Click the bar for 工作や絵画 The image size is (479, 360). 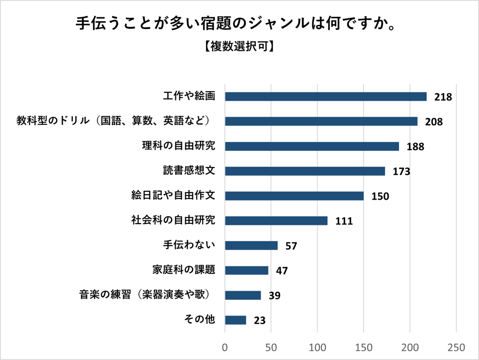[326, 97]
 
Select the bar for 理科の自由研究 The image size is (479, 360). [312, 146]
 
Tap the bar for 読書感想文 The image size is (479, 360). [305, 171]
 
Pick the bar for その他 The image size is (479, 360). [235, 320]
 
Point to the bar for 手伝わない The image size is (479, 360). [251, 245]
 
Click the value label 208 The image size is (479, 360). [434, 122]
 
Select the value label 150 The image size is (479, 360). [380, 196]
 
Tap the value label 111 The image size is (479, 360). [344, 221]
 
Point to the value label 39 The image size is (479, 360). [275, 295]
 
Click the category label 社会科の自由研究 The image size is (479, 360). [173, 220]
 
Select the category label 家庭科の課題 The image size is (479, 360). [184, 270]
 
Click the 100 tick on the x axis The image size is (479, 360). [318, 347]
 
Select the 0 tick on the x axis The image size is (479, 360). [225, 347]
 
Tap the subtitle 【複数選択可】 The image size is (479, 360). [239, 47]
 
